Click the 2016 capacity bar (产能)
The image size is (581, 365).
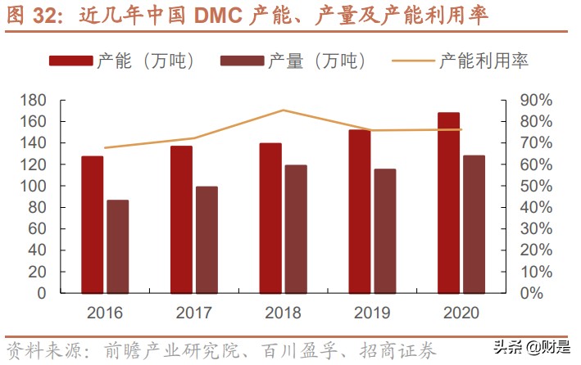(92, 224)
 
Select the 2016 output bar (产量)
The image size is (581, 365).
(117, 246)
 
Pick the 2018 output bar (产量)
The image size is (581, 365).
(296, 229)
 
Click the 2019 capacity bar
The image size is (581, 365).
(359, 211)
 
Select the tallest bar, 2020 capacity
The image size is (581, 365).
(448, 202)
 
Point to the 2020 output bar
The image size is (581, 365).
(474, 224)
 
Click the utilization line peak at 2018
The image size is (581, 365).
(283, 110)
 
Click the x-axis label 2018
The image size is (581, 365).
(283, 313)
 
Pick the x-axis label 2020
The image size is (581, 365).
(461, 313)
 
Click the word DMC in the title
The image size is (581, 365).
(219, 16)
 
